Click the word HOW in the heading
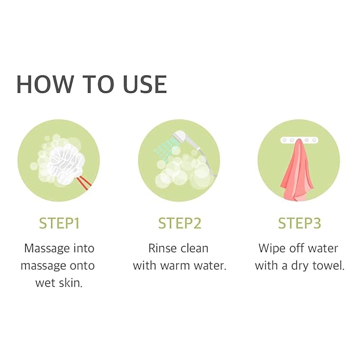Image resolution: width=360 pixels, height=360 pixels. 45,84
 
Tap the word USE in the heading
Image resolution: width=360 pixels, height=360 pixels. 145,84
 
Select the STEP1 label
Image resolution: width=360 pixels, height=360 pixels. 59,223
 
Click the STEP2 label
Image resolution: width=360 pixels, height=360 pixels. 180,223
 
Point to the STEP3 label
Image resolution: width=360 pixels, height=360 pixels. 300,223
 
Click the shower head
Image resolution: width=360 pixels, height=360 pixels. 185,138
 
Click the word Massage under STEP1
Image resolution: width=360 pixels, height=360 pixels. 47,249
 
